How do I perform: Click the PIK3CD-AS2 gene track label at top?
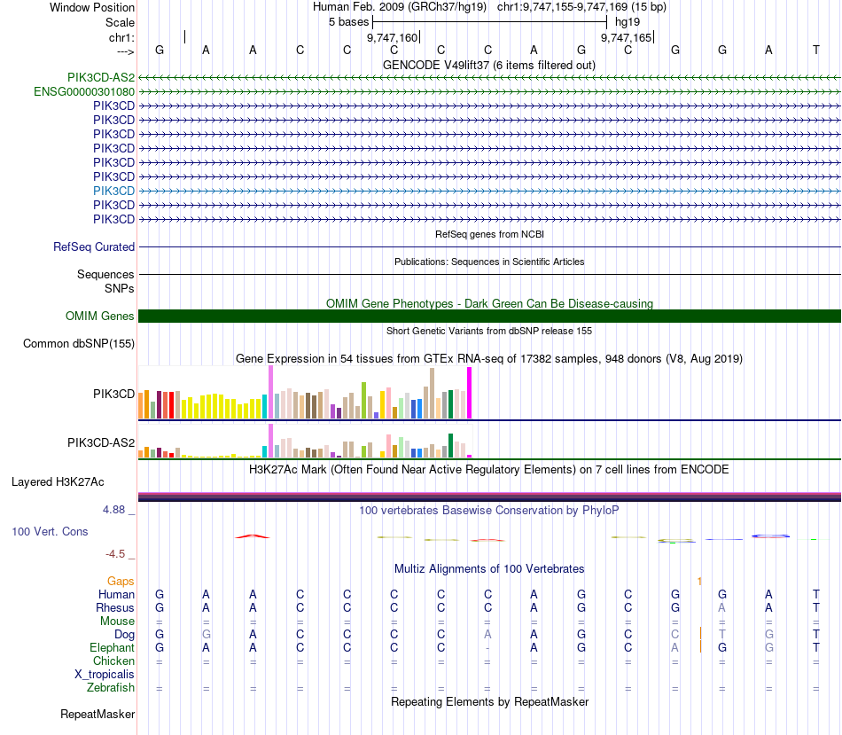pyautogui.click(x=100, y=77)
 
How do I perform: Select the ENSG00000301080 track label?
pyautogui.click(x=84, y=91)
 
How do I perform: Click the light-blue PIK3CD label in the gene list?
pyautogui.click(x=113, y=191)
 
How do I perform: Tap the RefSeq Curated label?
pyautogui.click(x=94, y=247)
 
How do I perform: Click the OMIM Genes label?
pyautogui.click(x=100, y=316)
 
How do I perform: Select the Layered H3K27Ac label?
pyautogui.click(x=58, y=482)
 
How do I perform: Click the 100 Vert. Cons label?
pyautogui.click(x=50, y=531)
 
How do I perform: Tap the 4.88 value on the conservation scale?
pyautogui.click(x=115, y=510)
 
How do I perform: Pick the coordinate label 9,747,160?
pyautogui.click(x=392, y=38)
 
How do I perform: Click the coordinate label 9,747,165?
pyautogui.click(x=626, y=38)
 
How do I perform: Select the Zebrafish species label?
pyautogui.click(x=111, y=688)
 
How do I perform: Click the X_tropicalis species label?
pyautogui.click(x=105, y=675)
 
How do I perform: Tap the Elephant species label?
pyautogui.click(x=112, y=648)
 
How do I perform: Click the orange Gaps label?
pyautogui.click(x=121, y=581)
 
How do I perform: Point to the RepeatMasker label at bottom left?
pyautogui.click(x=97, y=714)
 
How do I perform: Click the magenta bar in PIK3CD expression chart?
pyautogui.click(x=469, y=392)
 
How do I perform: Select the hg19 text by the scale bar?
pyautogui.click(x=627, y=20)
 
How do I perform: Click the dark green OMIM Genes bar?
pyautogui.click(x=489, y=316)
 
